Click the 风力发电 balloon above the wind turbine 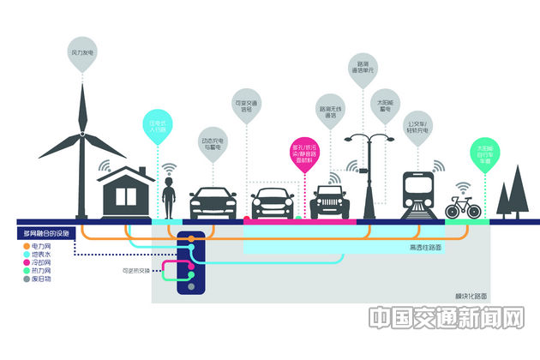pos(82,53)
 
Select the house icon pos(125,190)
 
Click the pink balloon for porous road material pos(305,153)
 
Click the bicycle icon pos(463,207)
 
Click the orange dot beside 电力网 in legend pos(25,246)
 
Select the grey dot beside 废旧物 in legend pos(25,280)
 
